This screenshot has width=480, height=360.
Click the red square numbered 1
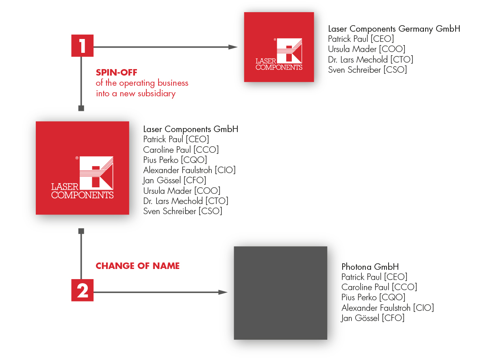[83, 46]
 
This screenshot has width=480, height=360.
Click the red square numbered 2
[83, 290]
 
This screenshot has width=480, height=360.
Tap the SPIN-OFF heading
[117, 73]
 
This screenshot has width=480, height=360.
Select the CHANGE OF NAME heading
[137, 266]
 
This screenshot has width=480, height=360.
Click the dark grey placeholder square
[280, 293]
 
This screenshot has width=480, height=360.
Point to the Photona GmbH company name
[370, 267]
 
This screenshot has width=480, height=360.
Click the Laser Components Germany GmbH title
[394, 29]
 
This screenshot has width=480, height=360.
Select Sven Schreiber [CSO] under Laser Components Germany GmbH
[367, 69]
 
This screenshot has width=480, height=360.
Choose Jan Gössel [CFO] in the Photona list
[373, 318]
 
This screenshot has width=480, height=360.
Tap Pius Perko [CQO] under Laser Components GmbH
[175, 160]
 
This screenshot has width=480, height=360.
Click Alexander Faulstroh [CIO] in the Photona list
[387, 308]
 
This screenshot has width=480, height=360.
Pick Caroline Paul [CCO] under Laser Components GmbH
[181, 150]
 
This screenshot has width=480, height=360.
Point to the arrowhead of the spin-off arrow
[233, 47]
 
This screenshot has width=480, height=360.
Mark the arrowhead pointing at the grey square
[223, 292]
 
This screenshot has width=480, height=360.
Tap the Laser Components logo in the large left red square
[83, 177]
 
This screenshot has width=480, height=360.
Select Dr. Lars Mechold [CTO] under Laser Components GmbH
[185, 201]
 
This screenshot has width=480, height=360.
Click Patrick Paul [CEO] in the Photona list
[374, 277]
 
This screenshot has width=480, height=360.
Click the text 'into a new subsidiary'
[136, 93]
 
